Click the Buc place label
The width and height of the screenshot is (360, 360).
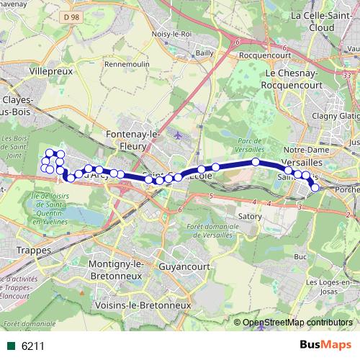(x=300, y=256)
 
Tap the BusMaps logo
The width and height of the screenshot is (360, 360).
(x=324, y=346)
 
